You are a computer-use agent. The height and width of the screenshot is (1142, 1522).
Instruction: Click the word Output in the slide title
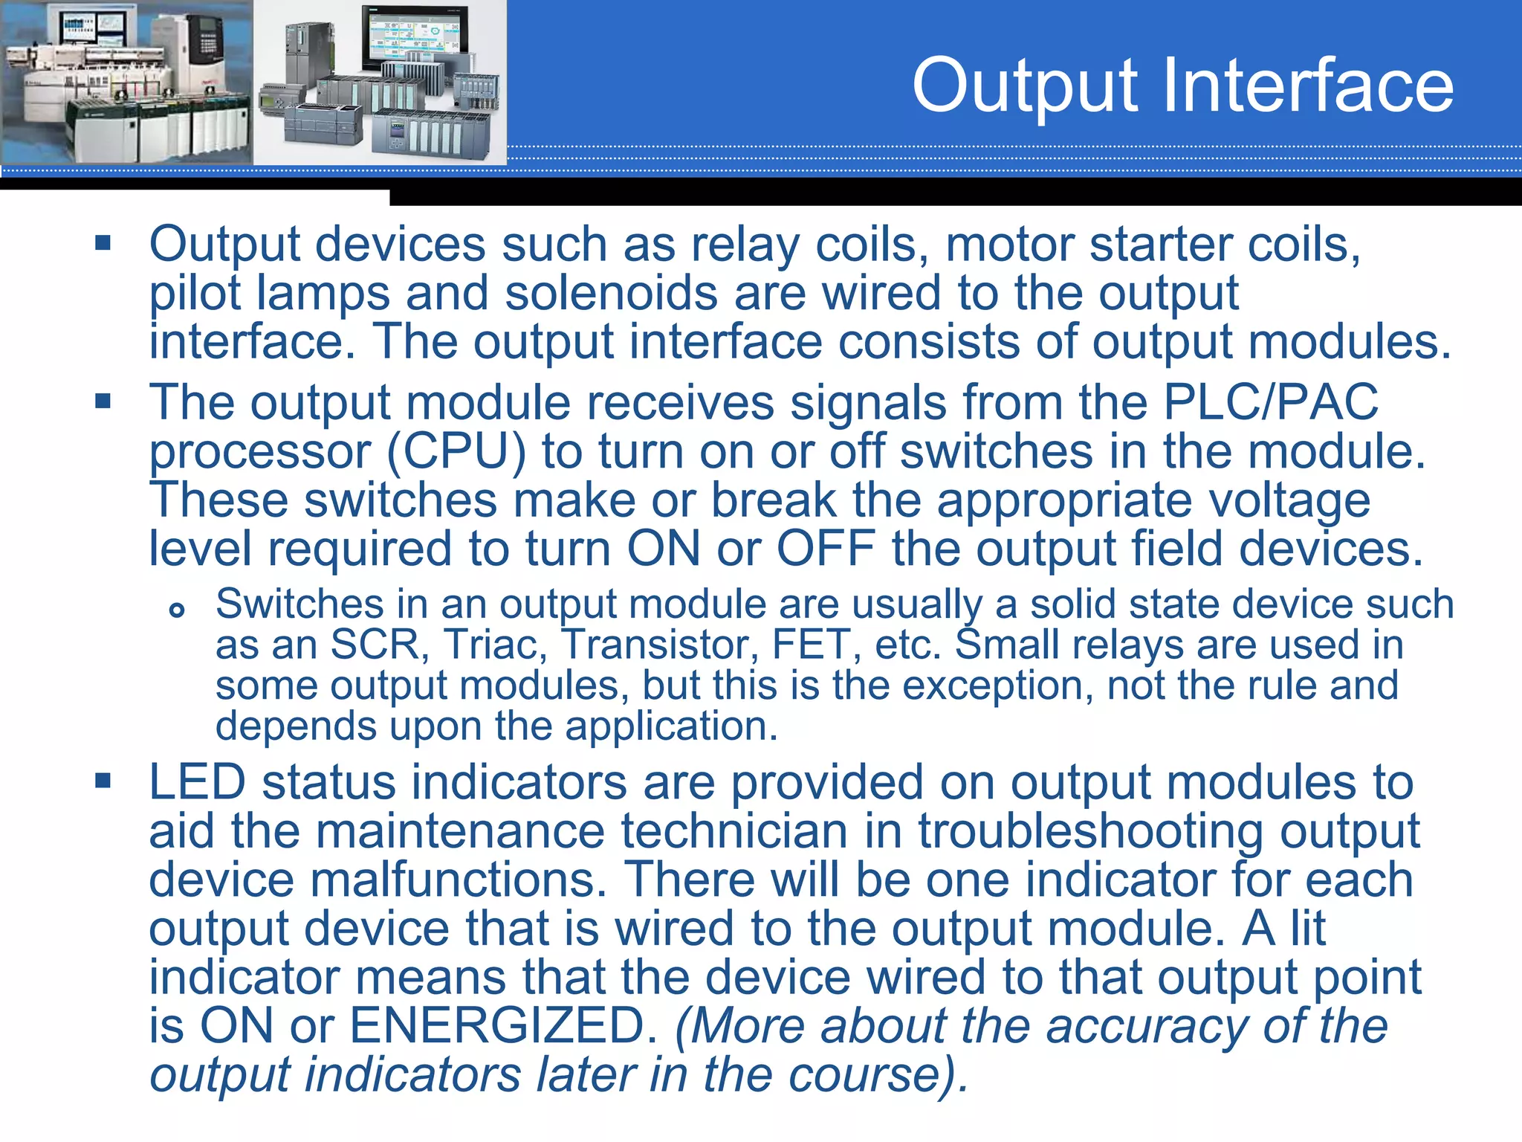click(x=1025, y=88)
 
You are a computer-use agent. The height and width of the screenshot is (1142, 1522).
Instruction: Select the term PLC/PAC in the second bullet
click(x=1270, y=402)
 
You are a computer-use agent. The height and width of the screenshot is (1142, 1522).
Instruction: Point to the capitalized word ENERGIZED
click(x=504, y=1025)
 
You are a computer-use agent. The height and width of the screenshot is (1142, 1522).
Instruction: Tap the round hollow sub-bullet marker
click(x=177, y=610)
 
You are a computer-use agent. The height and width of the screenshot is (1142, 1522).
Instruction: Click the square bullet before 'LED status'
click(x=103, y=781)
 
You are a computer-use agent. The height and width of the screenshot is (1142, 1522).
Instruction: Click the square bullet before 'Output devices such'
click(x=103, y=242)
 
